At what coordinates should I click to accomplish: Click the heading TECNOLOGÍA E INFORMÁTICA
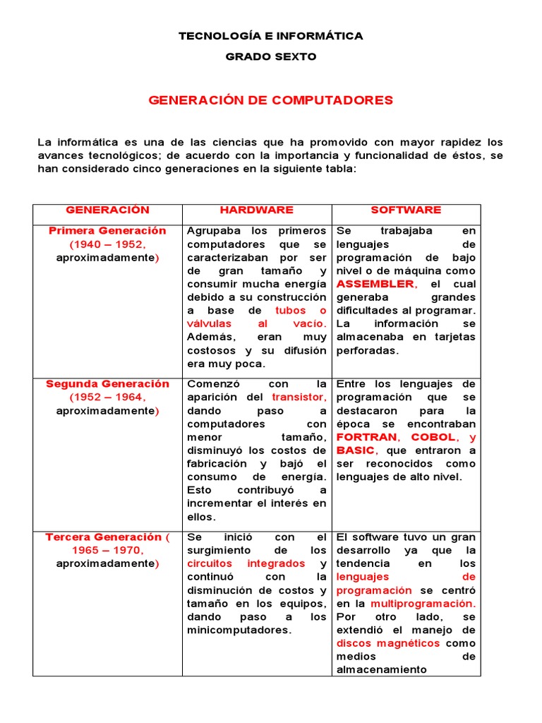click(x=270, y=36)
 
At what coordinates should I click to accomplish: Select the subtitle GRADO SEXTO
click(x=270, y=56)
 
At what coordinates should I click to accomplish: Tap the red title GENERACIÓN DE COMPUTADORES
click(x=270, y=100)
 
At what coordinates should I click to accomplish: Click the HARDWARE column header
click(x=256, y=210)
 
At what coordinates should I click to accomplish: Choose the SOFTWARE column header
click(x=406, y=210)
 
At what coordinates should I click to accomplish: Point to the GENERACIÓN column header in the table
click(x=107, y=210)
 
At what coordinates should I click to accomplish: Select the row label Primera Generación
click(x=107, y=231)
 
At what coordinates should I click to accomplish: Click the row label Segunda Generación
click(x=107, y=384)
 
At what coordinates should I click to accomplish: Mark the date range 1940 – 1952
click(x=107, y=244)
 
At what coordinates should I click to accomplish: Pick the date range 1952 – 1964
click(x=107, y=398)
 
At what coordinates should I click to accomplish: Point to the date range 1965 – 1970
click(x=107, y=551)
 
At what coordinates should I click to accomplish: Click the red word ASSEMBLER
click(x=376, y=284)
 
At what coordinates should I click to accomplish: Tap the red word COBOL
click(x=433, y=437)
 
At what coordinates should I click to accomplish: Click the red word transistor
click(x=299, y=398)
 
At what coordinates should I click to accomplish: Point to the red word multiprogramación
click(x=423, y=604)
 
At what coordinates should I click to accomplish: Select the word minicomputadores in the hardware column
click(x=239, y=631)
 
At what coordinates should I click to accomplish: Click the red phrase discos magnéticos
click(x=388, y=644)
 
